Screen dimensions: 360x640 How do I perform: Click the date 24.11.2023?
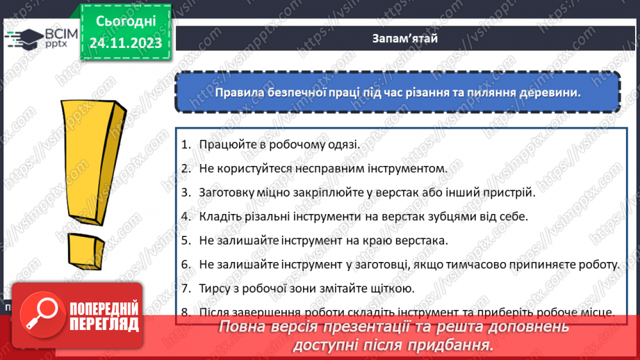pos(125,43)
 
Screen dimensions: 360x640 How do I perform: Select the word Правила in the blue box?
pos(237,92)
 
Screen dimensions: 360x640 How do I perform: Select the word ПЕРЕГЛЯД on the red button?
pos(104,324)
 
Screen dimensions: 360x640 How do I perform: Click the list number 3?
pos(186,192)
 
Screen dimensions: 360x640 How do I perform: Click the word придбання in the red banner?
pos(458,345)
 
